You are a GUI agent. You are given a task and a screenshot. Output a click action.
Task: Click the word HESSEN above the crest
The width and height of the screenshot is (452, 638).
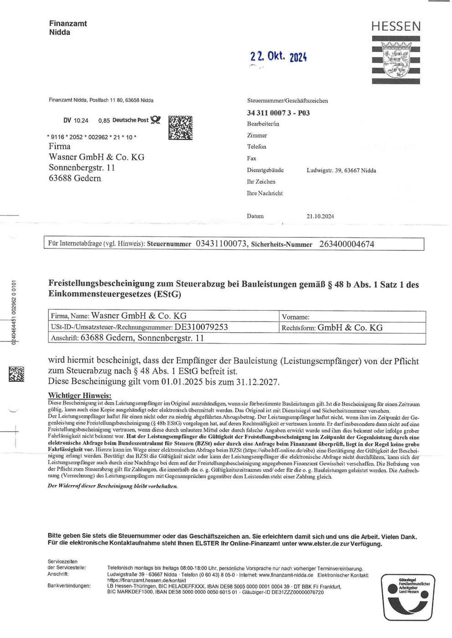396,26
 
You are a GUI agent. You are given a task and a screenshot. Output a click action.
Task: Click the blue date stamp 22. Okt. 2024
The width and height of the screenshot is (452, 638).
278,57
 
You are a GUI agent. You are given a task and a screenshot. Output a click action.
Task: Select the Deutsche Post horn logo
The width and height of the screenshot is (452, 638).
156,120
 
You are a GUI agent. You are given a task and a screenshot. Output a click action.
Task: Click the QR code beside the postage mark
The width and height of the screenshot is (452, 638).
180,127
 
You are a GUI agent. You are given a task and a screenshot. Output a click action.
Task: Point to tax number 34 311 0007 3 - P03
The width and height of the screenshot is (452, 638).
278,113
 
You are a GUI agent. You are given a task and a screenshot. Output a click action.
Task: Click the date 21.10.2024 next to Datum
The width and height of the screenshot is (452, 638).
320,216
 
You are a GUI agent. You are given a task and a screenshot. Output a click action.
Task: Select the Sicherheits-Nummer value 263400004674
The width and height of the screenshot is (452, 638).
347,244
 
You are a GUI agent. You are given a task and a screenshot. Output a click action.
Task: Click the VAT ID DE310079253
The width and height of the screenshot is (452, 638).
201,327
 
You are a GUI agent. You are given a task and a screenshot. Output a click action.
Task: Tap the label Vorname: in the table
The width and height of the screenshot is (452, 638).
296,317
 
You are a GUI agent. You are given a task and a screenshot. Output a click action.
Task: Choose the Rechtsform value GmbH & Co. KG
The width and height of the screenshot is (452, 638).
350,328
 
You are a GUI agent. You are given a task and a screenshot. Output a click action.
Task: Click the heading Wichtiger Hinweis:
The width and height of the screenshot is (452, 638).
80,395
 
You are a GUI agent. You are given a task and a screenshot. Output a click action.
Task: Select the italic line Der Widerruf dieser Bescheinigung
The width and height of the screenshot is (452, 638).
113,486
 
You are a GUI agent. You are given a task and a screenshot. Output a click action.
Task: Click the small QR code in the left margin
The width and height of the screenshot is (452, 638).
16,374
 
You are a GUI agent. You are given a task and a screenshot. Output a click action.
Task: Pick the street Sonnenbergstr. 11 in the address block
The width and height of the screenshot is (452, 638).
82,168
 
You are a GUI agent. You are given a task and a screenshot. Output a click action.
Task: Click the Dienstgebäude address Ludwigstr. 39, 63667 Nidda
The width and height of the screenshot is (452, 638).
341,170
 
